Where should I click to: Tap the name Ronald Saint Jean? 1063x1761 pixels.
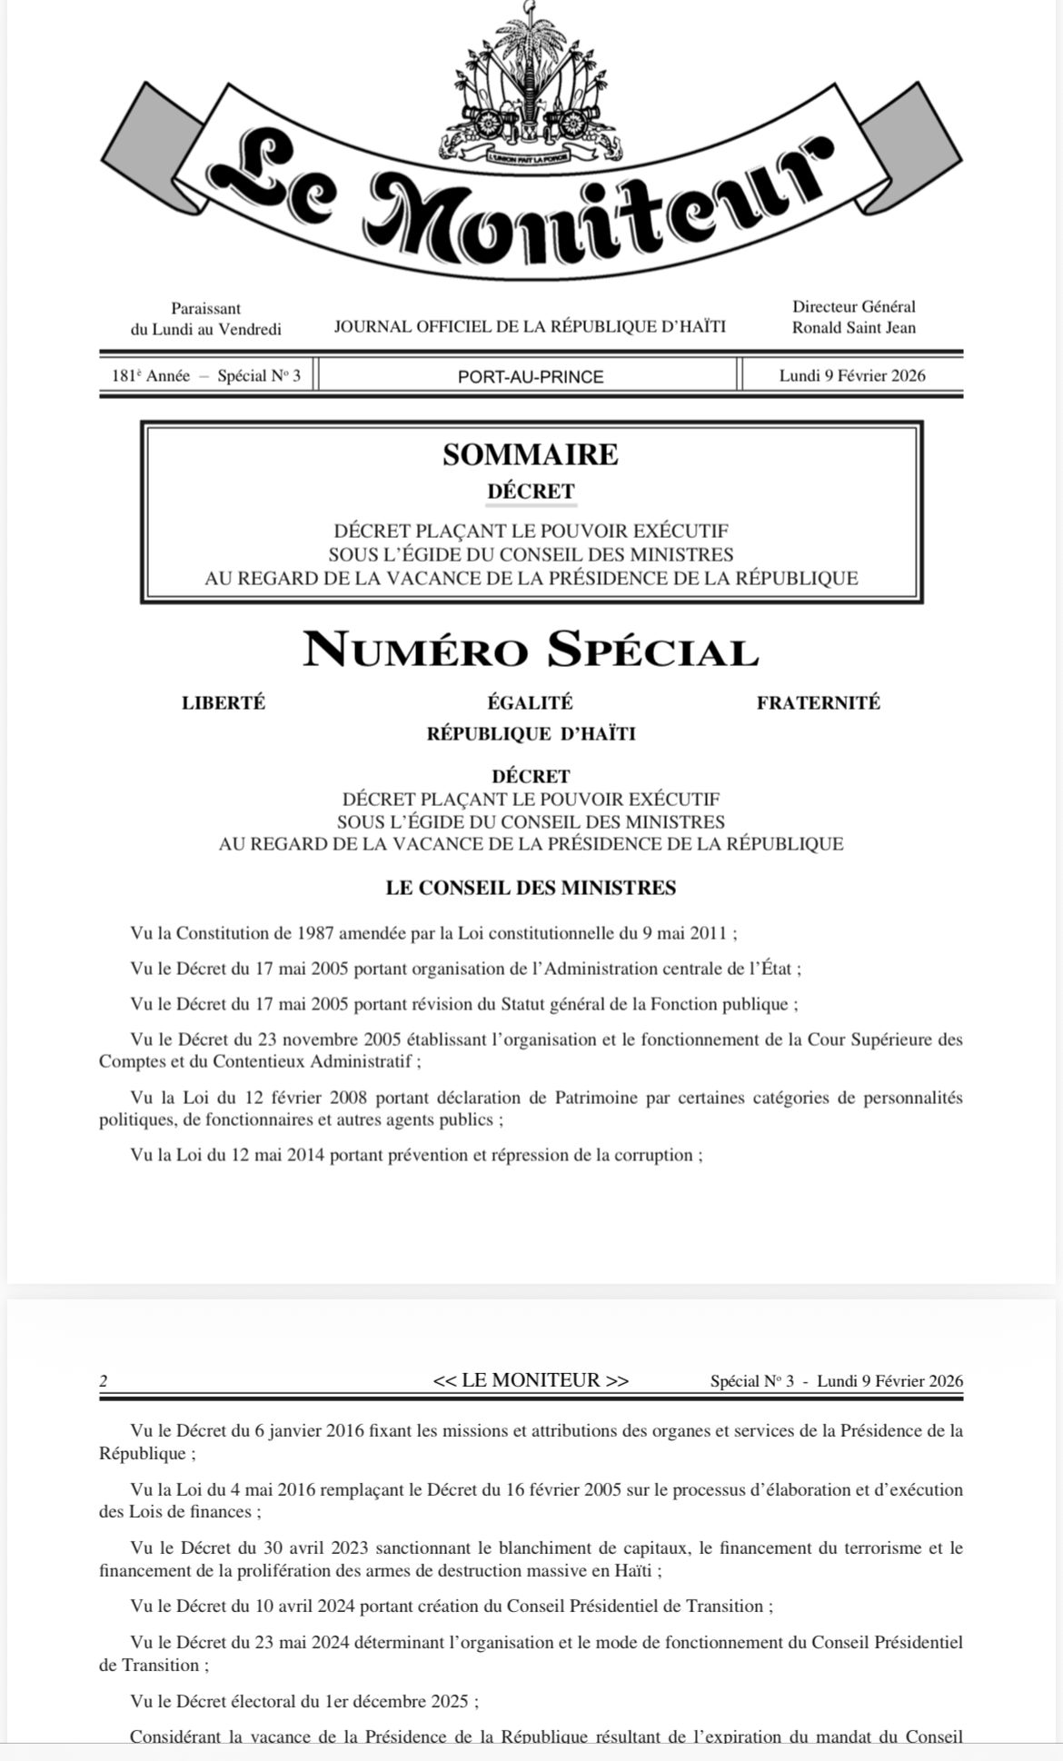(853, 328)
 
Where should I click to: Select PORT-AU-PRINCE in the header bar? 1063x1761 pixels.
(530, 376)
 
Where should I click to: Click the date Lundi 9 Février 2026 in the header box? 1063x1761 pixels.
(852, 375)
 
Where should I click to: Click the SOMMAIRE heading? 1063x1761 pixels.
(531, 454)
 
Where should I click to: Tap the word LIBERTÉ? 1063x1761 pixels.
(224, 702)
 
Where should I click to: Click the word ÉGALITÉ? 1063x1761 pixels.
(530, 702)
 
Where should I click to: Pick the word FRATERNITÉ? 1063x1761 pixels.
(818, 702)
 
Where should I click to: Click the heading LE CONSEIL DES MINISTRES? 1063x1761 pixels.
(531, 888)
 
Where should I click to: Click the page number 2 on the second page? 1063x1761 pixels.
(104, 1381)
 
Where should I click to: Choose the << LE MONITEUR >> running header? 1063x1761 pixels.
(531, 1380)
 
